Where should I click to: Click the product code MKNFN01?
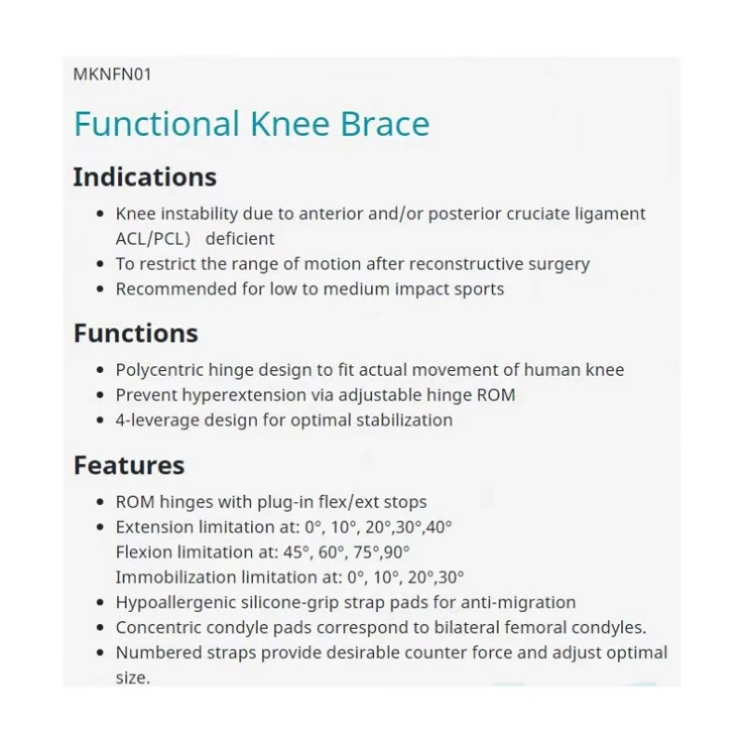click(x=112, y=74)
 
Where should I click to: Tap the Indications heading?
click(x=144, y=177)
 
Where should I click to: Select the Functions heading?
click(x=136, y=333)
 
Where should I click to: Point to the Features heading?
click(x=129, y=465)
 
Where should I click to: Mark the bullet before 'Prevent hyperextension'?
click(x=100, y=395)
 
